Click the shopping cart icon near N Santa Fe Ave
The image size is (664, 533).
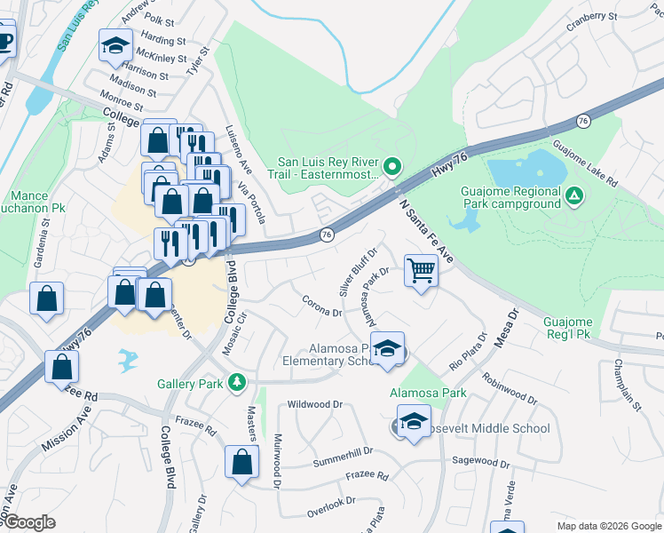pos(421,269)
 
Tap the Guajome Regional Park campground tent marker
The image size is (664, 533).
pos(575,195)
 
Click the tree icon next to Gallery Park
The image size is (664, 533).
pos(237,383)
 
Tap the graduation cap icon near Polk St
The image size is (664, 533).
pos(115,47)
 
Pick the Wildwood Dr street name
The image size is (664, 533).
pos(314,404)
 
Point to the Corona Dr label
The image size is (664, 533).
pos(322,306)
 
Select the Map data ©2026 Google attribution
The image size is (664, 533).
pos(608,526)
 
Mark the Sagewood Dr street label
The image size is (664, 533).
pos(480,461)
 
